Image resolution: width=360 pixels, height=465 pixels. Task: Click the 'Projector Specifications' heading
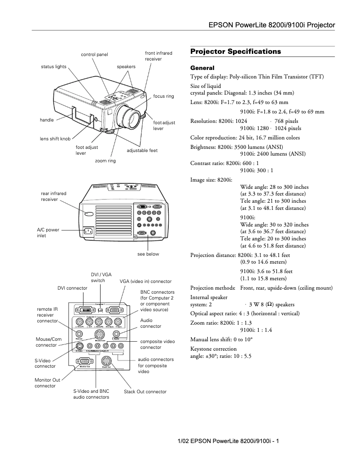(236, 52)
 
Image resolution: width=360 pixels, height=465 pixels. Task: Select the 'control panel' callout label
(94, 55)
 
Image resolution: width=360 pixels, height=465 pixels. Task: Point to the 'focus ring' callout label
(163, 96)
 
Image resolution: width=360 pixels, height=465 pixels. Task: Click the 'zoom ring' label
(105, 161)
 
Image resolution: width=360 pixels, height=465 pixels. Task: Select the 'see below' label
(148, 254)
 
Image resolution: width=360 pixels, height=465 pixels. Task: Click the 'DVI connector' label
(72, 288)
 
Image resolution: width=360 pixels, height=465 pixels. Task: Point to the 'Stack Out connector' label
(145, 391)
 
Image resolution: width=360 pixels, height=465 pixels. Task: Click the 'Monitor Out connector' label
(47, 382)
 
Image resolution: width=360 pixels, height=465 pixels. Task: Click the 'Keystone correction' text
(213, 348)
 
